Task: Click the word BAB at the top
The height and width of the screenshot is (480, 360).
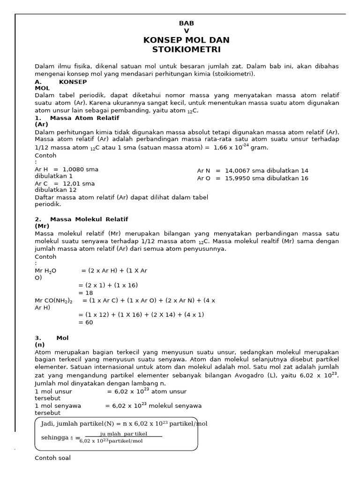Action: tap(186, 23)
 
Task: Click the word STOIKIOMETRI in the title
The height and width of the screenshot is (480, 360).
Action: tap(186, 50)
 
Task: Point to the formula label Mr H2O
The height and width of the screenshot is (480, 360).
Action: tap(45, 271)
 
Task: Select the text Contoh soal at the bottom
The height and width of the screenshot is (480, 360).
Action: tap(52, 458)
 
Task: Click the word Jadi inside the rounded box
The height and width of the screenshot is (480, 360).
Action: tap(47, 424)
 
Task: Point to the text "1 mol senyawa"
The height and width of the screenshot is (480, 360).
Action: tap(58, 405)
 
